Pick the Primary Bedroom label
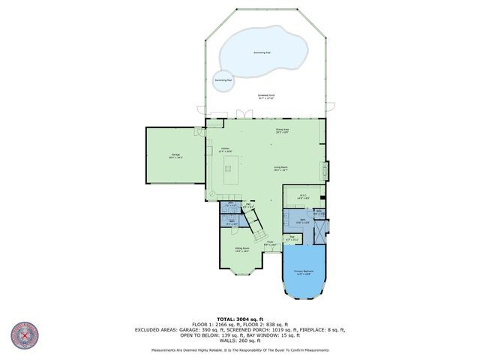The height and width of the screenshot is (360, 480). (304, 271)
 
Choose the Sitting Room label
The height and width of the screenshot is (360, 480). (241, 250)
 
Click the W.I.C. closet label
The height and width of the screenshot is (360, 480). (303, 197)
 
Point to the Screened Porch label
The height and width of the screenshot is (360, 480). (266, 97)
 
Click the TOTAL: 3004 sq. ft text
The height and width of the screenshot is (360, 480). (240, 319)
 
